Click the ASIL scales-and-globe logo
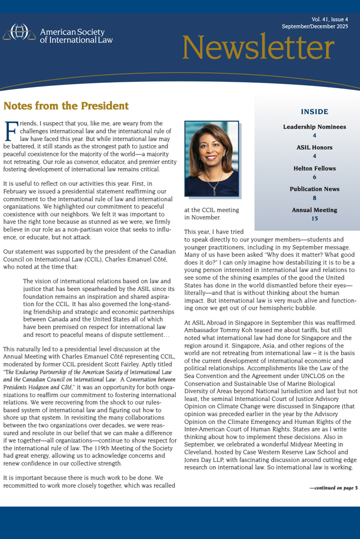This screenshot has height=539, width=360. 20,33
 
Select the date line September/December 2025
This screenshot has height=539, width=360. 315,27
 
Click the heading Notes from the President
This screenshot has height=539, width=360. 66,106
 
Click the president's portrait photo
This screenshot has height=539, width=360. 211,159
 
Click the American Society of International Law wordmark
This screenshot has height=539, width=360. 76,35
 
